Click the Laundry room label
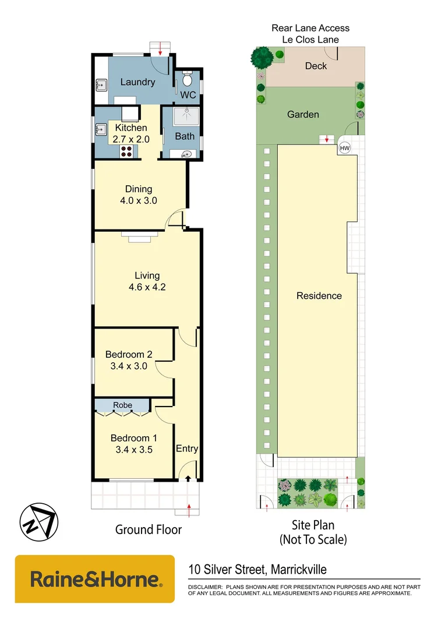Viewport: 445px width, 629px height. click(137, 82)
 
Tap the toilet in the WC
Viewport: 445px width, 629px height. click(186, 77)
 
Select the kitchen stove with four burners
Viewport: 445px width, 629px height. click(126, 151)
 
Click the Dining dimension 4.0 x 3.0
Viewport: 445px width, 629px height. click(139, 200)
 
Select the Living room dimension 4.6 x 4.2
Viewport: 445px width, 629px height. click(147, 287)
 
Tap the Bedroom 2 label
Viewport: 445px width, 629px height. click(129, 354)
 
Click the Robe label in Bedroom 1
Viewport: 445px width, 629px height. click(122, 405)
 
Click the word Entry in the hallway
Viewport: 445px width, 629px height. click(187, 448)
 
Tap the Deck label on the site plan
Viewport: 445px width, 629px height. click(316, 66)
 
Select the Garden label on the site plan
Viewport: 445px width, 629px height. click(303, 114)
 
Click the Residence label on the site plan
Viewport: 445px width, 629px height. click(319, 295)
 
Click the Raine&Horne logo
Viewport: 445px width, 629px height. click(95, 579)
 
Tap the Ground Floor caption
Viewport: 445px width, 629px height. click(148, 529)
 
